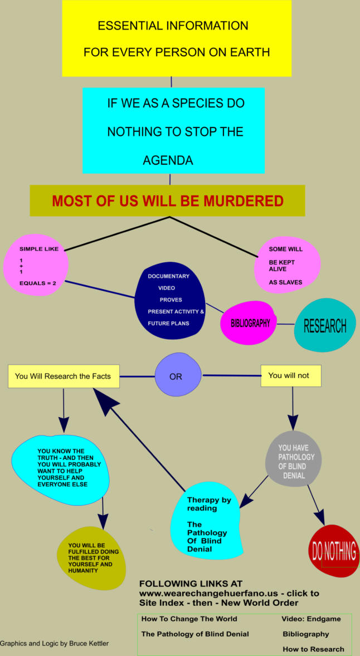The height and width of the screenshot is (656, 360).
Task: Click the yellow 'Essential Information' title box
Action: tap(176, 38)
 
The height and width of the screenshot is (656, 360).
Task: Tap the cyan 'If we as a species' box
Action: tap(176, 130)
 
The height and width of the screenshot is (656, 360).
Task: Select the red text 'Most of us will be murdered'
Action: tap(168, 201)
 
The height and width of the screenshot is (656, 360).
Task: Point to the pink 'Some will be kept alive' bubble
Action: tap(287, 265)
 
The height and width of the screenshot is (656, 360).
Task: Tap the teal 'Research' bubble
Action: tap(324, 326)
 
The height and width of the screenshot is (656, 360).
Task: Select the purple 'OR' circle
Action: tap(176, 376)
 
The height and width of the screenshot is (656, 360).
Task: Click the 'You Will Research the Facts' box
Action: tap(63, 376)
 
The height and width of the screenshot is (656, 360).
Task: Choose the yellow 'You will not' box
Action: tap(290, 375)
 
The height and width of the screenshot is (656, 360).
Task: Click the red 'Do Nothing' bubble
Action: tap(333, 551)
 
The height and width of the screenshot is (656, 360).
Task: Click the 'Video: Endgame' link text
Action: tap(311, 619)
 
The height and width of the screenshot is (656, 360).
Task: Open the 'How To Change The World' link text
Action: tap(189, 619)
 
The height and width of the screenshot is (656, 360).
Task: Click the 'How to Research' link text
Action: tap(313, 649)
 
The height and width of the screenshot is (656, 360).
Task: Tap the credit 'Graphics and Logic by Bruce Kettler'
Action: tap(55, 643)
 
